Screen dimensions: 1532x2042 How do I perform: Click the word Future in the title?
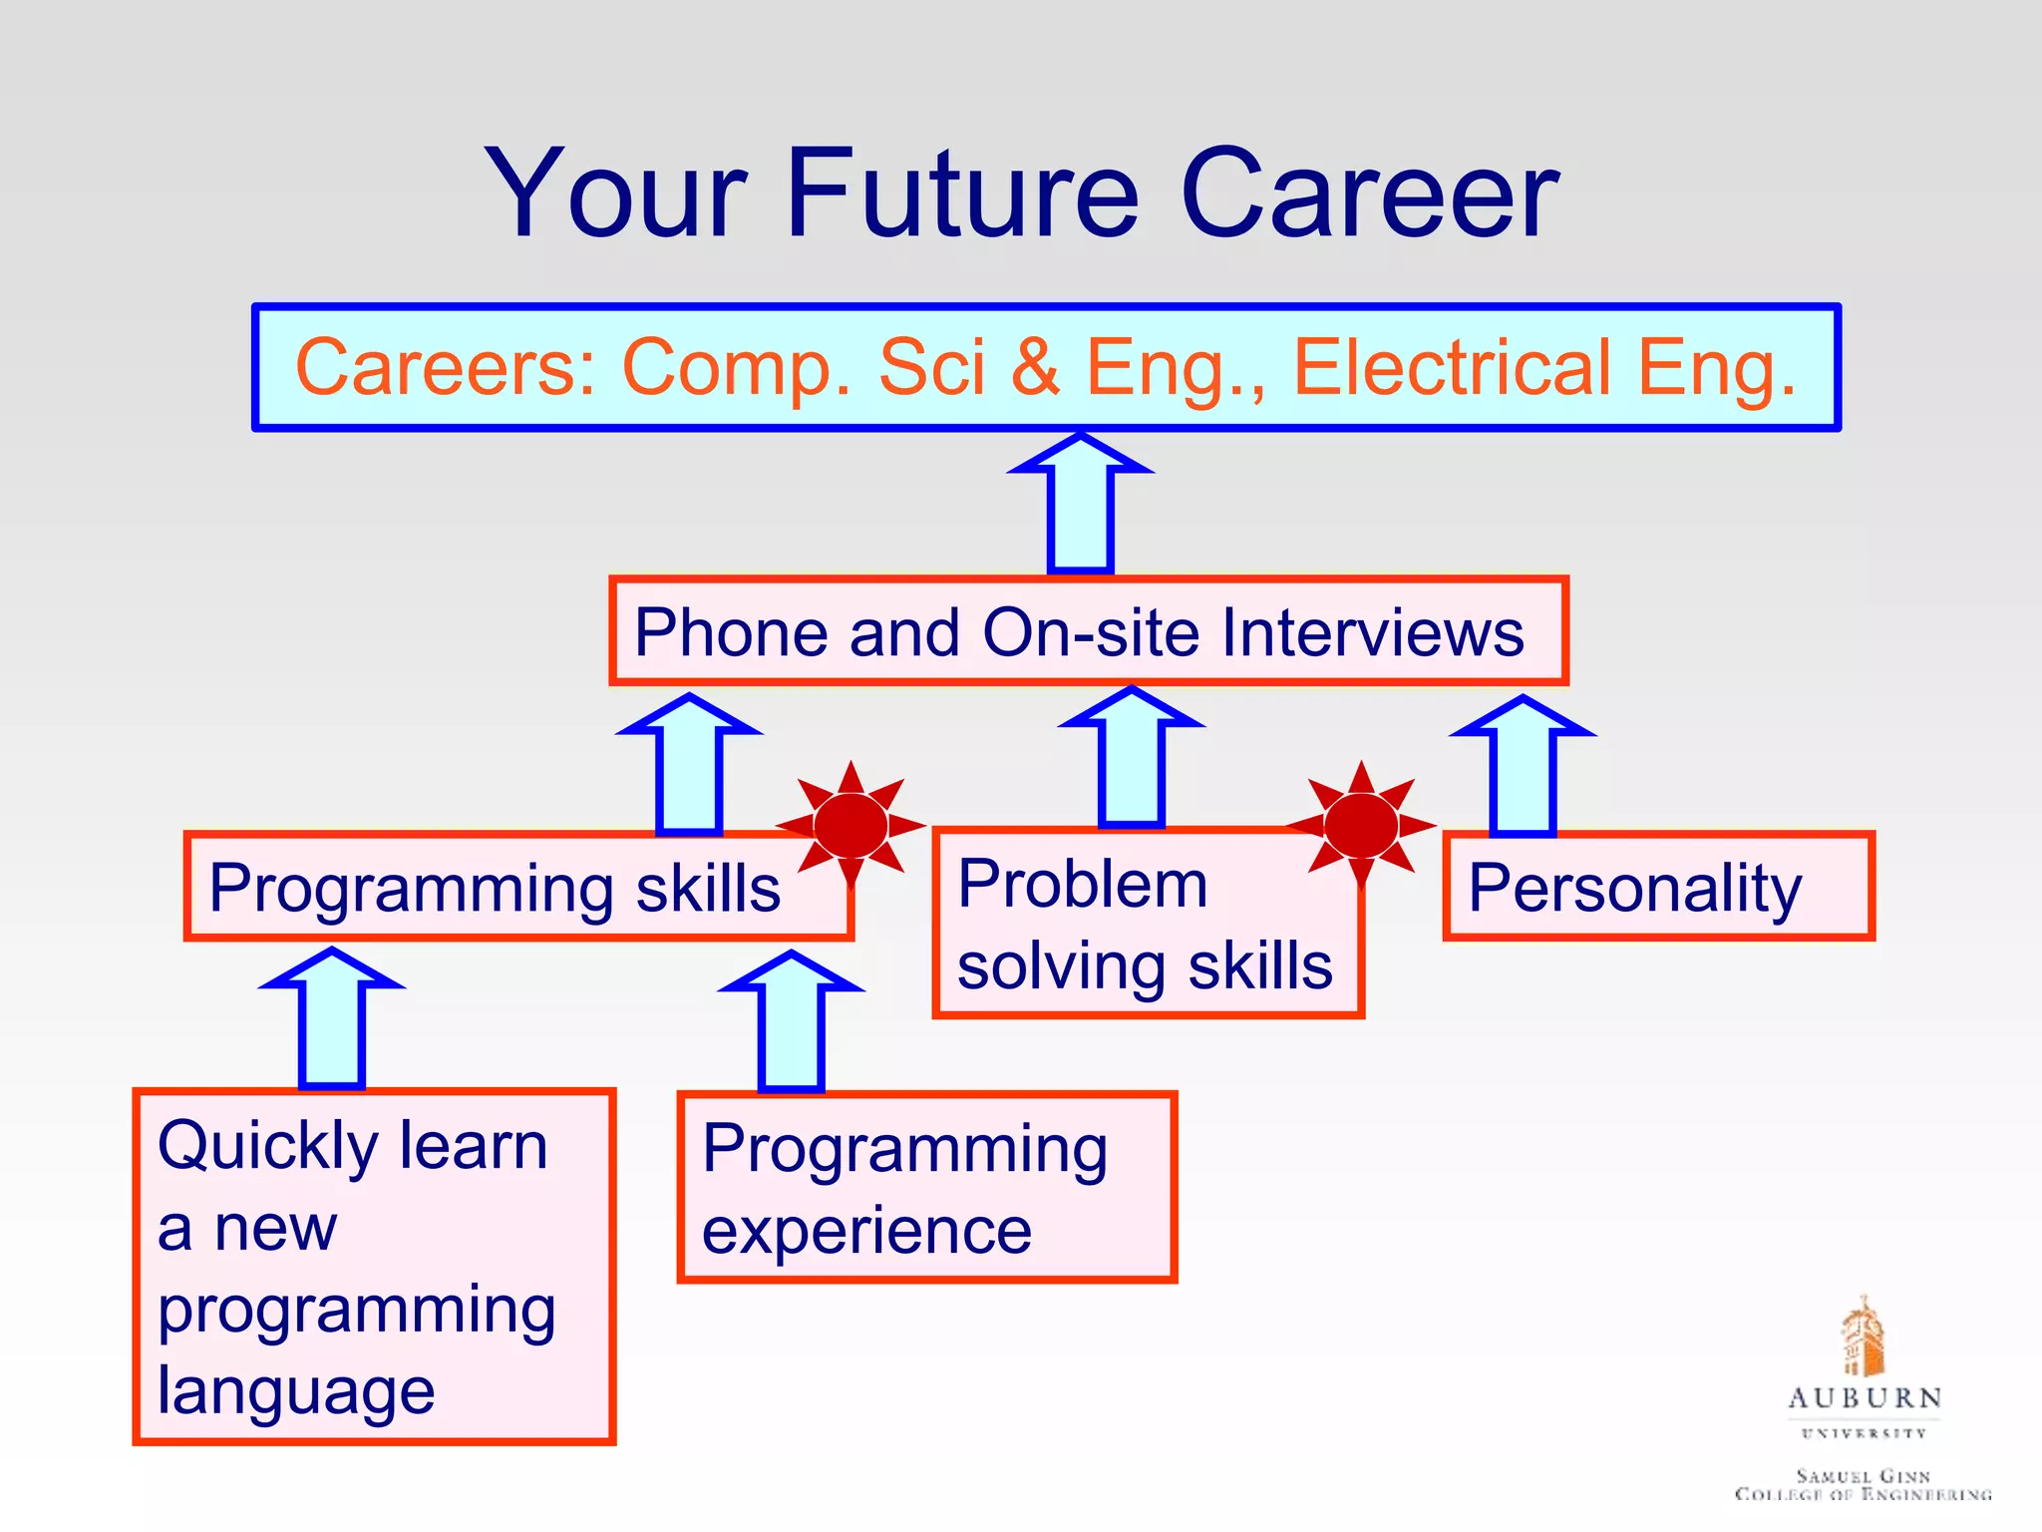point(962,193)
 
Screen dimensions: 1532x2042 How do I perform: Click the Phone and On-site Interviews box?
point(1088,631)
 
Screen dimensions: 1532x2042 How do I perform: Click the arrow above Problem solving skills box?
point(1132,758)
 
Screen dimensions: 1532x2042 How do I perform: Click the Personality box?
point(1658,887)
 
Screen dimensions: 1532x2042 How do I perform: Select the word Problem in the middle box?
point(1082,884)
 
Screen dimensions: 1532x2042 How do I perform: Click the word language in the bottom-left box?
point(296,1390)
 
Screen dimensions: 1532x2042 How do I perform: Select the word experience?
point(866,1231)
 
